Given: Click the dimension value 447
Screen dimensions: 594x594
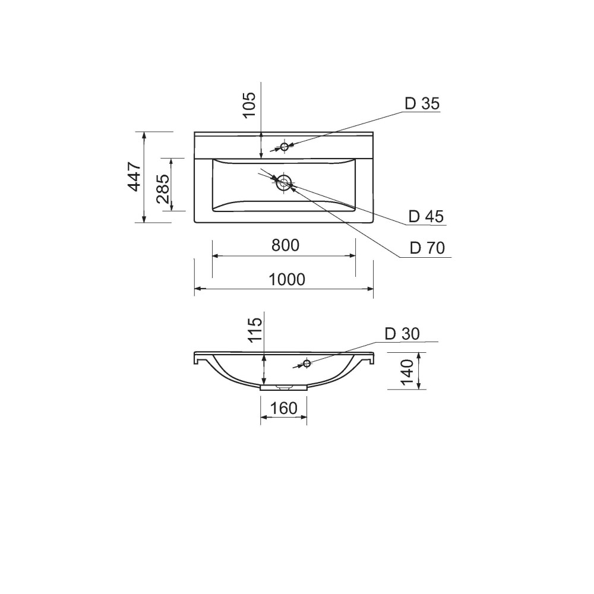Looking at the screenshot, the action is [x=134, y=177].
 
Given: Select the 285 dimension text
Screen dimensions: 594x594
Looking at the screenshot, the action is [x=163, y=189].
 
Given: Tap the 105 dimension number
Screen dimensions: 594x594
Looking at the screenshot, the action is [x=249, y=105].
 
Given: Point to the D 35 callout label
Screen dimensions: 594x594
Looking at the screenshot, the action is [x=422, y=103].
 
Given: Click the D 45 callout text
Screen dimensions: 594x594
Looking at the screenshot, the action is [x=426, y=216].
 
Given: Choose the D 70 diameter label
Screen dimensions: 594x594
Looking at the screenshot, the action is [x=427, y=248].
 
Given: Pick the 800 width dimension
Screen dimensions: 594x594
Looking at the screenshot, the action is [x=285, y=245].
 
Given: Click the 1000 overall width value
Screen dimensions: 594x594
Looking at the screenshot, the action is [x=287, y=280].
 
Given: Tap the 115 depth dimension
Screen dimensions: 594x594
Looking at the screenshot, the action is [x=255, y=330].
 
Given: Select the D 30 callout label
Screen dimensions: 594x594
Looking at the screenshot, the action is [x=402, y=334].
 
